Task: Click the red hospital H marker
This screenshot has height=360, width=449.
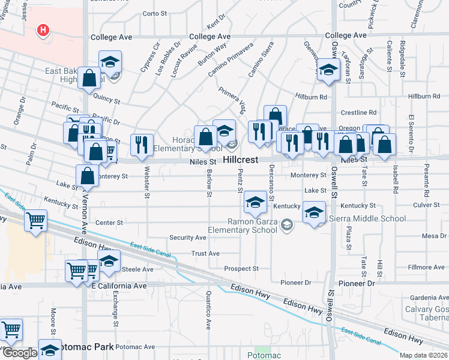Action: click(43, 30)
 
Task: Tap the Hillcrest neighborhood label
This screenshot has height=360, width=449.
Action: click(240, 160)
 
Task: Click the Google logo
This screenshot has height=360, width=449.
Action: click(19, 353)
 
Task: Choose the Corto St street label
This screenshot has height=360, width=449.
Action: click(154, 13)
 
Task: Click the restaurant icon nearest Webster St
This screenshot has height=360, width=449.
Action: click(142, 145)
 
